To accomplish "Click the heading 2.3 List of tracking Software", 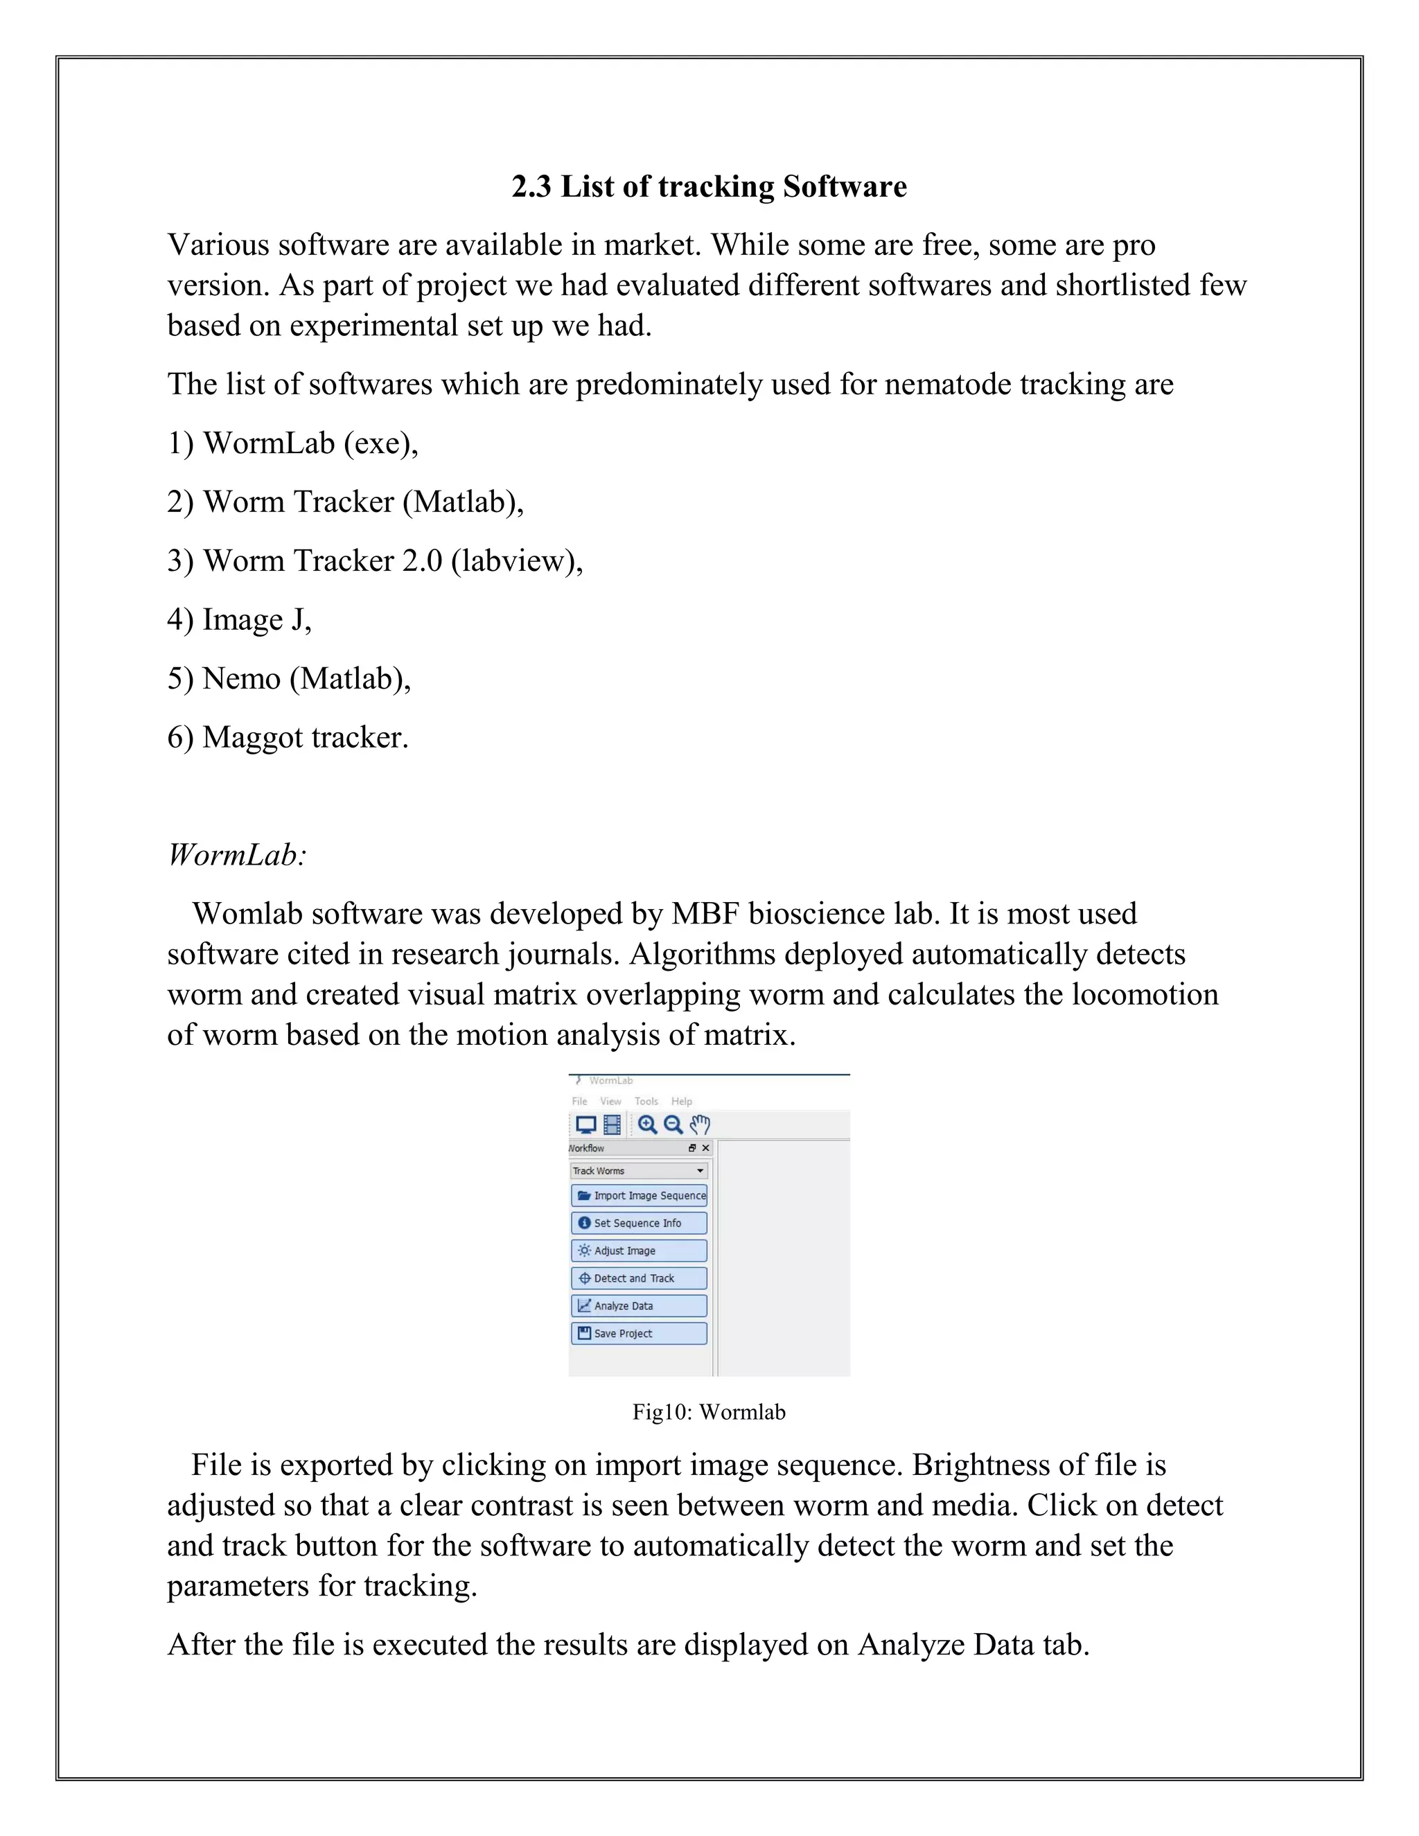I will pos(709,186).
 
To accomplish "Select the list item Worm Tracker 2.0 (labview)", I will pos(375,560).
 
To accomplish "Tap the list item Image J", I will pos(240,619).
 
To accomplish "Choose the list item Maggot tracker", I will pos(288,737).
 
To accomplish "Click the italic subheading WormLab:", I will pos(237,855).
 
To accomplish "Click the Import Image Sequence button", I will pos(639,1195).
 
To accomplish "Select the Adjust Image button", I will pos(639,1251).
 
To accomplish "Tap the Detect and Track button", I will pos(639,1279).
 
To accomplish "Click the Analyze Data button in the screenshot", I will pos(639,1307).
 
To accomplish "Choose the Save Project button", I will pos(639,1334).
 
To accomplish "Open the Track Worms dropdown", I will pos(639,1171).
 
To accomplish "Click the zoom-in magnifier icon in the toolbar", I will pos(647,1124).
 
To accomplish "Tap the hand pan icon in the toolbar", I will pos(699,1124).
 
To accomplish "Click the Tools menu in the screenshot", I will pos(646,1102).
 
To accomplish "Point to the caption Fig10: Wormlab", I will pos(709,1412).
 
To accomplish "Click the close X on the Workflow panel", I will pos(705,1148).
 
